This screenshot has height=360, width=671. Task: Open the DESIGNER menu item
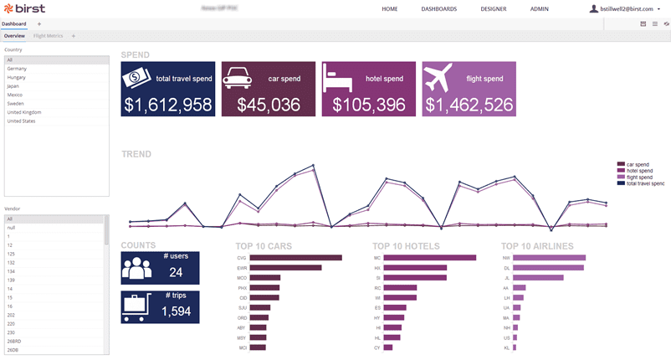tap(493, 8)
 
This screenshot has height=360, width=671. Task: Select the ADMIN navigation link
tap(540, 8)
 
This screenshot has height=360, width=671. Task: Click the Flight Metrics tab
tap(49, 36)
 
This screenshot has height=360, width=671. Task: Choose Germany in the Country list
tap(17, 69)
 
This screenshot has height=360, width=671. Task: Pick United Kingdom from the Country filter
tap(24, 112)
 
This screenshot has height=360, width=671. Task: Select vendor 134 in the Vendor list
tap(11, 271)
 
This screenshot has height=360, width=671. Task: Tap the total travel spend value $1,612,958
tap(167, 105)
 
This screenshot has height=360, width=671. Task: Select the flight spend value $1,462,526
tap(469, 105)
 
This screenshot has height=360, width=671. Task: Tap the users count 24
tap(176, 272)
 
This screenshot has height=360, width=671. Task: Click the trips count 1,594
tap(176, 311)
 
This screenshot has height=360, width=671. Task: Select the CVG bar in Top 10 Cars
tap(295, 258)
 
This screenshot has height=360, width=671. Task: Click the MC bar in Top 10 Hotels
tap(429, 258)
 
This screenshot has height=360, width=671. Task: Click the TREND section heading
tap(137, 154)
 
